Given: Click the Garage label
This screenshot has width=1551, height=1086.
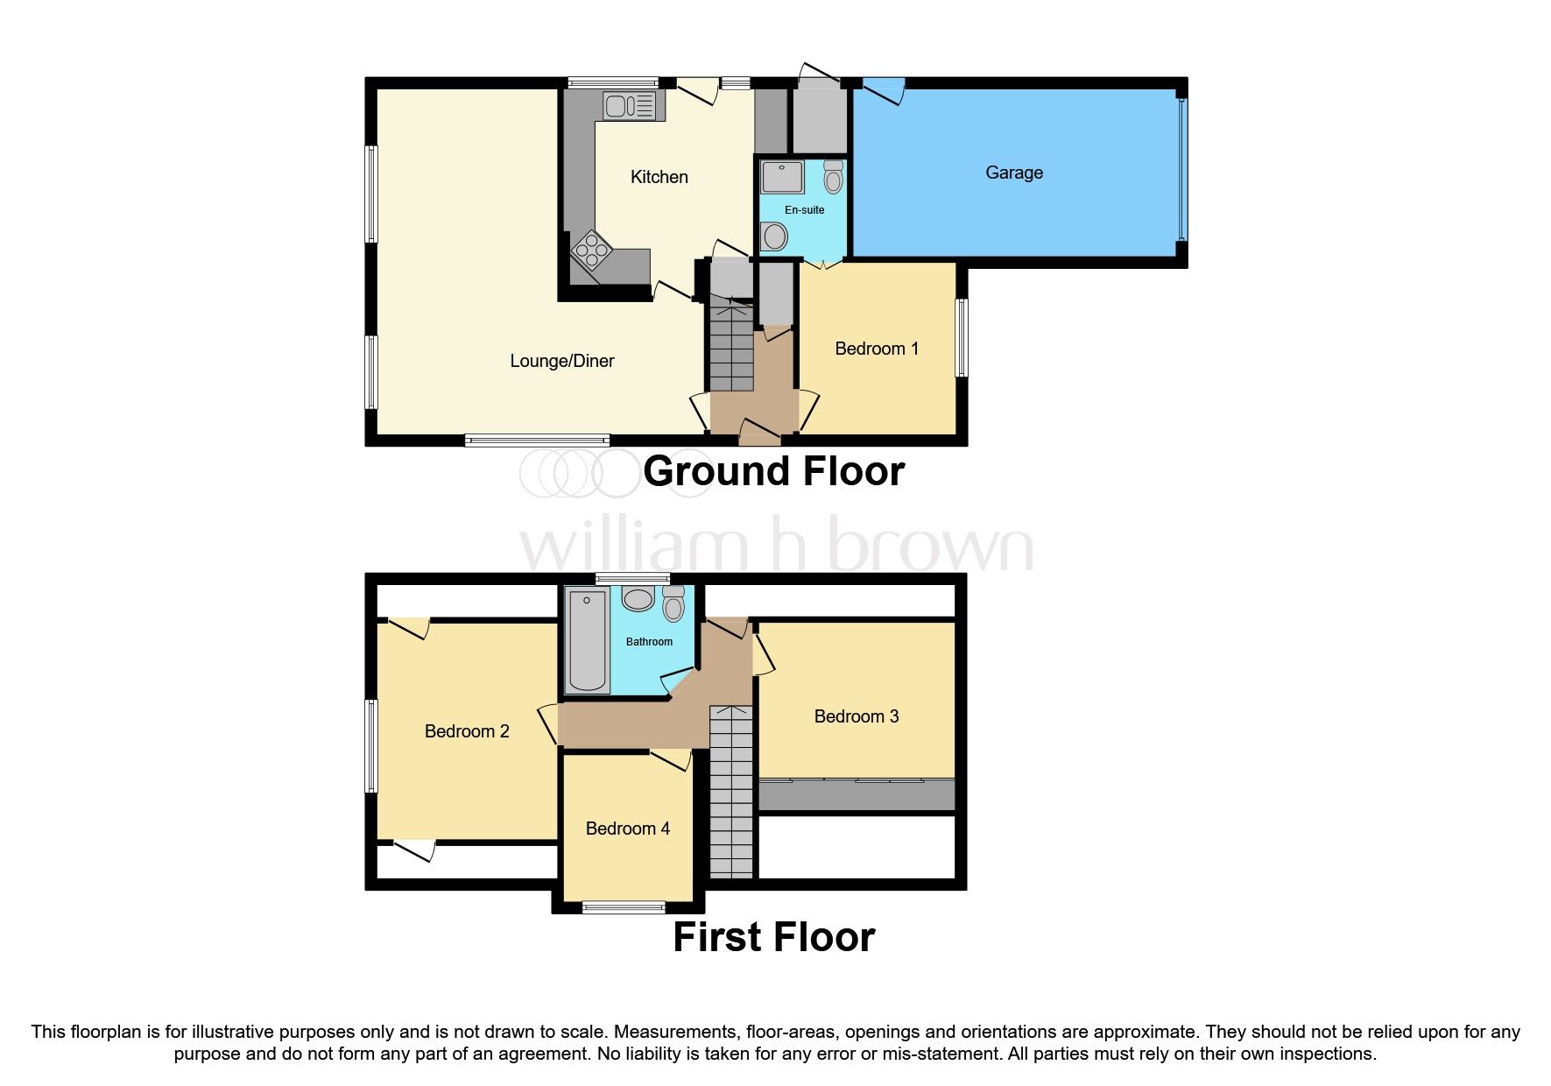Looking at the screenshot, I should tap(1013, 173).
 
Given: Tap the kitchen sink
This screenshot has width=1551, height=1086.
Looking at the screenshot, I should tap(627, 107).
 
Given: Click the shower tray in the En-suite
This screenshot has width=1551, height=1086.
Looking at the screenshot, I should tap(782, 177).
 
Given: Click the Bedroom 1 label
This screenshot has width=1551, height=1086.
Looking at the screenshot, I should tap(876, 349).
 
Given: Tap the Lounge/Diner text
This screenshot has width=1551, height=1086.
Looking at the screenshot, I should tap(561, 361).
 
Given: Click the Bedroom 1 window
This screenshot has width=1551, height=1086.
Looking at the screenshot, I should tap(962, 338).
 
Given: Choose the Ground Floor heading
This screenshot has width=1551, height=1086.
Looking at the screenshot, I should tap(772, 471).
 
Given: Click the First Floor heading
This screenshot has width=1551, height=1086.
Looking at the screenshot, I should tap(772, 937).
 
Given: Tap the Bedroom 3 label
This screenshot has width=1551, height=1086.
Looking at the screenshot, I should tap(856, 716).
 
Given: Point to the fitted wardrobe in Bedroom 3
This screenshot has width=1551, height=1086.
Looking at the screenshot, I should tap(856, 795).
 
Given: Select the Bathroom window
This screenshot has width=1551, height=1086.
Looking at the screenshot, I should tap(632, 579).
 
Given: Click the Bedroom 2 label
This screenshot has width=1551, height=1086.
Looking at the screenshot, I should tap(466, 731).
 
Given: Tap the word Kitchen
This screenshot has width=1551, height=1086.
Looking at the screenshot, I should tap(659, 177).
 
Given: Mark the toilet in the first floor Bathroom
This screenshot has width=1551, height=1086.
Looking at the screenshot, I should tap(673, 603).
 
